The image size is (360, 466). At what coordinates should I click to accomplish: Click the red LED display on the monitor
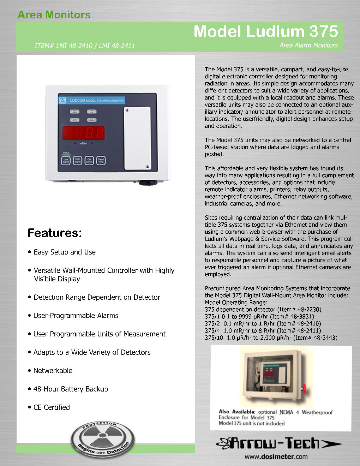[84, 133]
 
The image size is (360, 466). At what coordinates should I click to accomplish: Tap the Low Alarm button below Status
[66, 161]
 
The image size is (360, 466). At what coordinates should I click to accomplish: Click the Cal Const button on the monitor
[89, 161]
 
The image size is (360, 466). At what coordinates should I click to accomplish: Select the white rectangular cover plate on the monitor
[137, 139]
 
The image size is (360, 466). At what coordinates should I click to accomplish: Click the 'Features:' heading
[55, 233]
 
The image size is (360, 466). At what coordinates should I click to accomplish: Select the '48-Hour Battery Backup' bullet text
[71, 389]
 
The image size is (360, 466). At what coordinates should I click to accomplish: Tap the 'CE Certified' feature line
[52, 407]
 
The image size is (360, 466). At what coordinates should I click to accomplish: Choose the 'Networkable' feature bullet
[53, 371]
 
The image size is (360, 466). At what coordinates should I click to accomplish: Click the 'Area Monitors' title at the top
[54, 15]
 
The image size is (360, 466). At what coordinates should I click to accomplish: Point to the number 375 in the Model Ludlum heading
[324, 31]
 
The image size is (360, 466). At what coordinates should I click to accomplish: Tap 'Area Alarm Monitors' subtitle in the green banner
[308, 45]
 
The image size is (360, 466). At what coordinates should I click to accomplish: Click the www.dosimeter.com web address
[276, 456]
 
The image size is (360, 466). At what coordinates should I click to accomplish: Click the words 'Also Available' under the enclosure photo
[236, 412]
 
